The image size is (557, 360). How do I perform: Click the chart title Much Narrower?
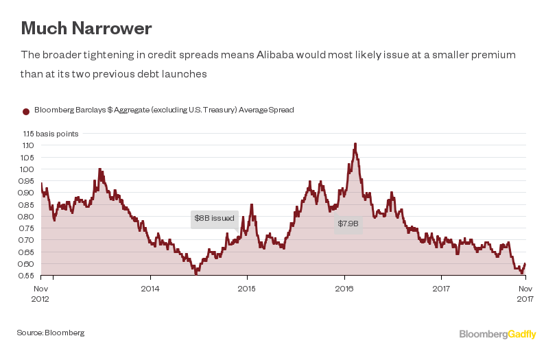coord(86,28)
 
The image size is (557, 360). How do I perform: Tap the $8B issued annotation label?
coord(214,218)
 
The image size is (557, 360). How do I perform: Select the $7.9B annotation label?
coord(347,224)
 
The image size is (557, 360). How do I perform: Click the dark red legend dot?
coord(26,110)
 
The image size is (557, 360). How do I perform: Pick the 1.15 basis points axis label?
coord(50,134)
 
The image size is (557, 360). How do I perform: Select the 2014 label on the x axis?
coord(150,289)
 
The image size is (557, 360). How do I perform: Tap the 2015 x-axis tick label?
coord(247,289)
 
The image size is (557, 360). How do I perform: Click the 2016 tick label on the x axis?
coord(344,289)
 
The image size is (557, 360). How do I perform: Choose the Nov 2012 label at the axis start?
coord(41,293)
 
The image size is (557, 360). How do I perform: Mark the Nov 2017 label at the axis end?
coord(524,293)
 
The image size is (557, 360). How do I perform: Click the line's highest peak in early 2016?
coord(355,144)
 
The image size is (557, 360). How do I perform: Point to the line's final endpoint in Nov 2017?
coord(525,264)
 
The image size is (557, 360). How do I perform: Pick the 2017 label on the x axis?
coord(441,289)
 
